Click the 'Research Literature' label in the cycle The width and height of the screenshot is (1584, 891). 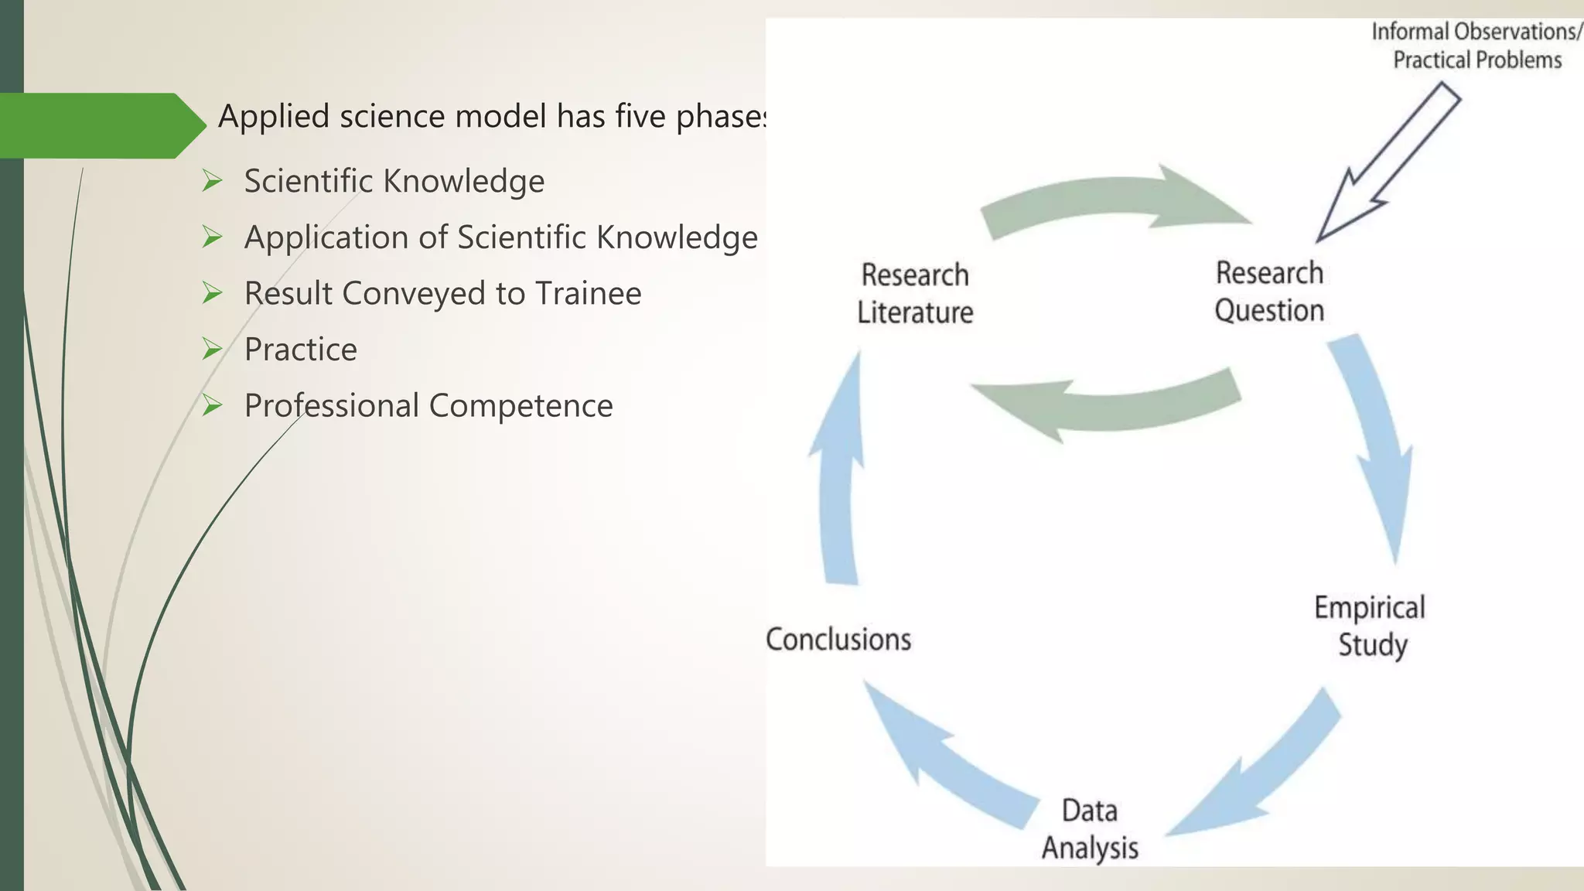click(915, 294)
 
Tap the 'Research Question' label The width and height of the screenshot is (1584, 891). click(1269, 292)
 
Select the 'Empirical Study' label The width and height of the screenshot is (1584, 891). click(1370, 626)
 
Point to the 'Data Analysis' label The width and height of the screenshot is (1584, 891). click(1090, 829)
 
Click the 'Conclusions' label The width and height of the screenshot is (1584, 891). click(838, 640)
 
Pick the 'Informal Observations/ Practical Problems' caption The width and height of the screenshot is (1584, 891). click(1476, 46)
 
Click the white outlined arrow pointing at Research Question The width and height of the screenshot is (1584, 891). click(1388, 163)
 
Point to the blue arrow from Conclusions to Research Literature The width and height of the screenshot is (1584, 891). click(839, 472)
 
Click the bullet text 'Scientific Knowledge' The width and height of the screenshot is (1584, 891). click(394, 181)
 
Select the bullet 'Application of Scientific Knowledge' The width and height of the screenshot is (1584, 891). click(500, 237)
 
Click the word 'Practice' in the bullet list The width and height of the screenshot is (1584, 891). click(301, 350)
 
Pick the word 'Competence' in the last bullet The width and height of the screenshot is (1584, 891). click(521, 406)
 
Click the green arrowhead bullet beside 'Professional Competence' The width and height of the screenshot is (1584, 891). click(212, 405)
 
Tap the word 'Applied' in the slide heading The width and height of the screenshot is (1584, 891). click(273, 117)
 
